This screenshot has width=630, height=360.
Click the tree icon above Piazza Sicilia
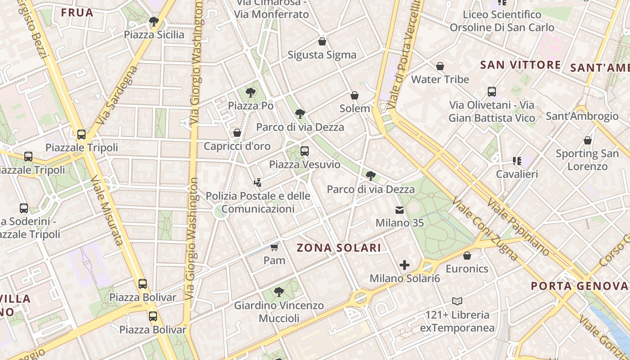point(154,21)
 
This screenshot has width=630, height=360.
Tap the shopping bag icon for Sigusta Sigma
point(322,42)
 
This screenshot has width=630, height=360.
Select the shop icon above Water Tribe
point(440,67)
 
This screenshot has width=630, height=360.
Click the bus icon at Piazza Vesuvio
point(305,151)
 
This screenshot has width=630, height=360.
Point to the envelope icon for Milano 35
point(400,210)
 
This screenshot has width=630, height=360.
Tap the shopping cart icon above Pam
point(274,247)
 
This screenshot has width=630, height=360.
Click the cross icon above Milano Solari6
point(405,265)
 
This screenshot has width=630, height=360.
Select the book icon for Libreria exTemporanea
point(457,301)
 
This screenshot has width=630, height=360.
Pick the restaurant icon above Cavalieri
point(517,161)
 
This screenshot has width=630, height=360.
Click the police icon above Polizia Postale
point(257,183)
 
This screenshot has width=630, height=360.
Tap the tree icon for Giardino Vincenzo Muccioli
point(279,292)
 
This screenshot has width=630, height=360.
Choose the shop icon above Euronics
point(467,256)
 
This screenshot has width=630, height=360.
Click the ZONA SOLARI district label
point(339,247)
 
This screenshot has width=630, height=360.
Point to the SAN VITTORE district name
point(520,65)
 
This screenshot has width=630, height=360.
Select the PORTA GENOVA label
point(579,286)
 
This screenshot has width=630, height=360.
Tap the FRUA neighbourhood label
point(77,13)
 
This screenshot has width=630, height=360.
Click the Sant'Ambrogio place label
point(582,117)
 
